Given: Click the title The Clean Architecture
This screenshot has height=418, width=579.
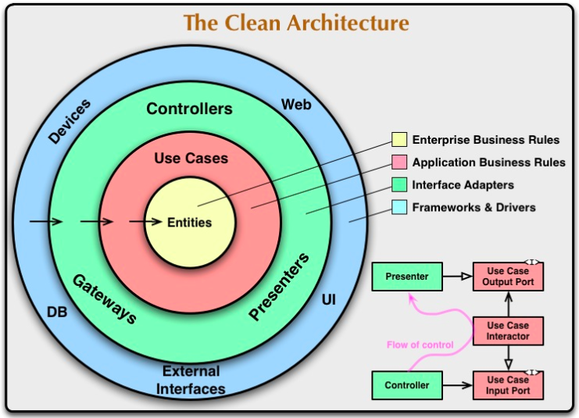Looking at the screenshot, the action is pos(296,23).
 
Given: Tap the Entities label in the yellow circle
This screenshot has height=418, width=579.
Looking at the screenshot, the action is pos(189,223).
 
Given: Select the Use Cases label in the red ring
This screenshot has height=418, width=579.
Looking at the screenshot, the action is pos(191,158).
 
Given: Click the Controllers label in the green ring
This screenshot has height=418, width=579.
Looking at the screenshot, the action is pos(189,109).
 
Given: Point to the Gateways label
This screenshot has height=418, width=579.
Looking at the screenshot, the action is pos(105,299).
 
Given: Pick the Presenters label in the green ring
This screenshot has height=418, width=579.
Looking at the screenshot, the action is pos(279,286).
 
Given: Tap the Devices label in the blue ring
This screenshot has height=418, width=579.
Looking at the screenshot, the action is pos(70,121).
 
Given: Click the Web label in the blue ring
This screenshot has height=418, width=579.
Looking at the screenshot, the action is pos(296,105).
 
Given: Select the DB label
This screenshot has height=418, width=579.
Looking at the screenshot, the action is pos(57,312).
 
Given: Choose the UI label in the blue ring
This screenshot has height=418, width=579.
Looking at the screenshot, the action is pos(329,299).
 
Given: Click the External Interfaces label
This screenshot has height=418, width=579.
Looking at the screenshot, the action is pos(191,380).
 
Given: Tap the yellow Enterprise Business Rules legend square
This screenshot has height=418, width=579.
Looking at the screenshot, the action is pos(399,139).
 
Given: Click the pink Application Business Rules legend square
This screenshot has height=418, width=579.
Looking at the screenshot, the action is pos(399,162).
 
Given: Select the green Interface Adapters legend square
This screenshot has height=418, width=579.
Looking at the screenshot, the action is pos(399,184).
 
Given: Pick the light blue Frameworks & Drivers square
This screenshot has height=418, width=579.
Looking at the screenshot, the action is pos(399,207).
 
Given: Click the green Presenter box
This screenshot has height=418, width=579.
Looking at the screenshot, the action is pos(407,277).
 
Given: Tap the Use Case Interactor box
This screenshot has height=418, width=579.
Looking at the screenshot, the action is pos(508,330).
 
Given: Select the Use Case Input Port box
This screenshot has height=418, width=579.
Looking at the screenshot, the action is pos(508,385).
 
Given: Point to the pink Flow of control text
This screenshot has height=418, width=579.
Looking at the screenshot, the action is pos(420,345).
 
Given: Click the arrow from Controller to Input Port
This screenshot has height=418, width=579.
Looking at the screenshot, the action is pos(458,385).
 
